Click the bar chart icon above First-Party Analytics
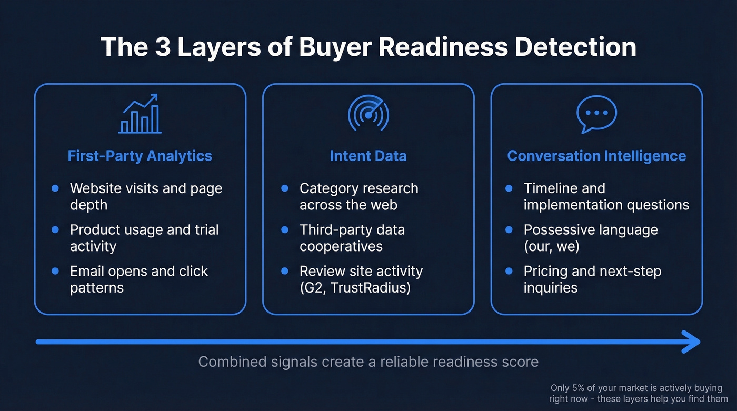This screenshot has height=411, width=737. point(140,114)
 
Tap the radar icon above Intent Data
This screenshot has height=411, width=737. point(368,114)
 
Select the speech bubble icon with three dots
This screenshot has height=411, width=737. point(596,114)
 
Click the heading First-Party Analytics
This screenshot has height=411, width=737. point(140,156)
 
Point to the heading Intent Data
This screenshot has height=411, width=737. point(368,156)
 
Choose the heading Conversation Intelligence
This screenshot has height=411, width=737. point(596,156)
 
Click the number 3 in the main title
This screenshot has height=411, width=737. point(159,47)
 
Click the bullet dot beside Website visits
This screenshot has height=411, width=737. point(55,188)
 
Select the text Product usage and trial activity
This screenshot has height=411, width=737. point(144,238)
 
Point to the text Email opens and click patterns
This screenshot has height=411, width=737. point(139,279)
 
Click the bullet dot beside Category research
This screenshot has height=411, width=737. point(285,188)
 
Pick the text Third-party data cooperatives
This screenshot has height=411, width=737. point(352,238)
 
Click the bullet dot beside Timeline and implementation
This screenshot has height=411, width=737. point(509,188)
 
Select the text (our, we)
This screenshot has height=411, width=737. point(551,246)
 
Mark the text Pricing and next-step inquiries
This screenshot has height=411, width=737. point(592,279)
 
